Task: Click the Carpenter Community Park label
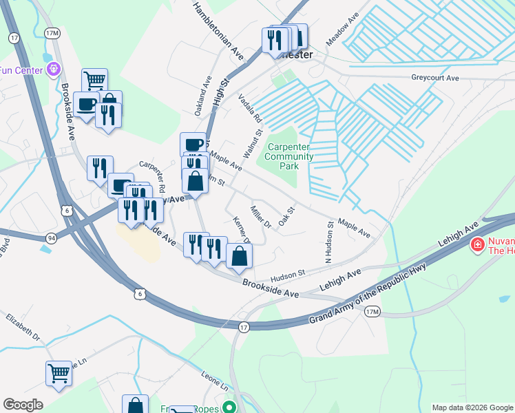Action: pyautogui.click(x=290, y=156)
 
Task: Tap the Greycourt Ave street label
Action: pyautogui.click(x=435, y=78)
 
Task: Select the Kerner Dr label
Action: pyautogui.click(x=241, y=230)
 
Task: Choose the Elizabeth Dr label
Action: pyautogui.click(x=24, y=327)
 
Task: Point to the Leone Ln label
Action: pyautogui.click(x=214, y=381)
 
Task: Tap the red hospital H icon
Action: pyautogui.click(x=476, y=244)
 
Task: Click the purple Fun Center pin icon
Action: pyautogui.click(x=54, y=69)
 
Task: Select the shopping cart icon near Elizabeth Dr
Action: pyautogui.click(x=59, y=374)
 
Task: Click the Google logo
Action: pyautogui.click(x=23, y=405)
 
